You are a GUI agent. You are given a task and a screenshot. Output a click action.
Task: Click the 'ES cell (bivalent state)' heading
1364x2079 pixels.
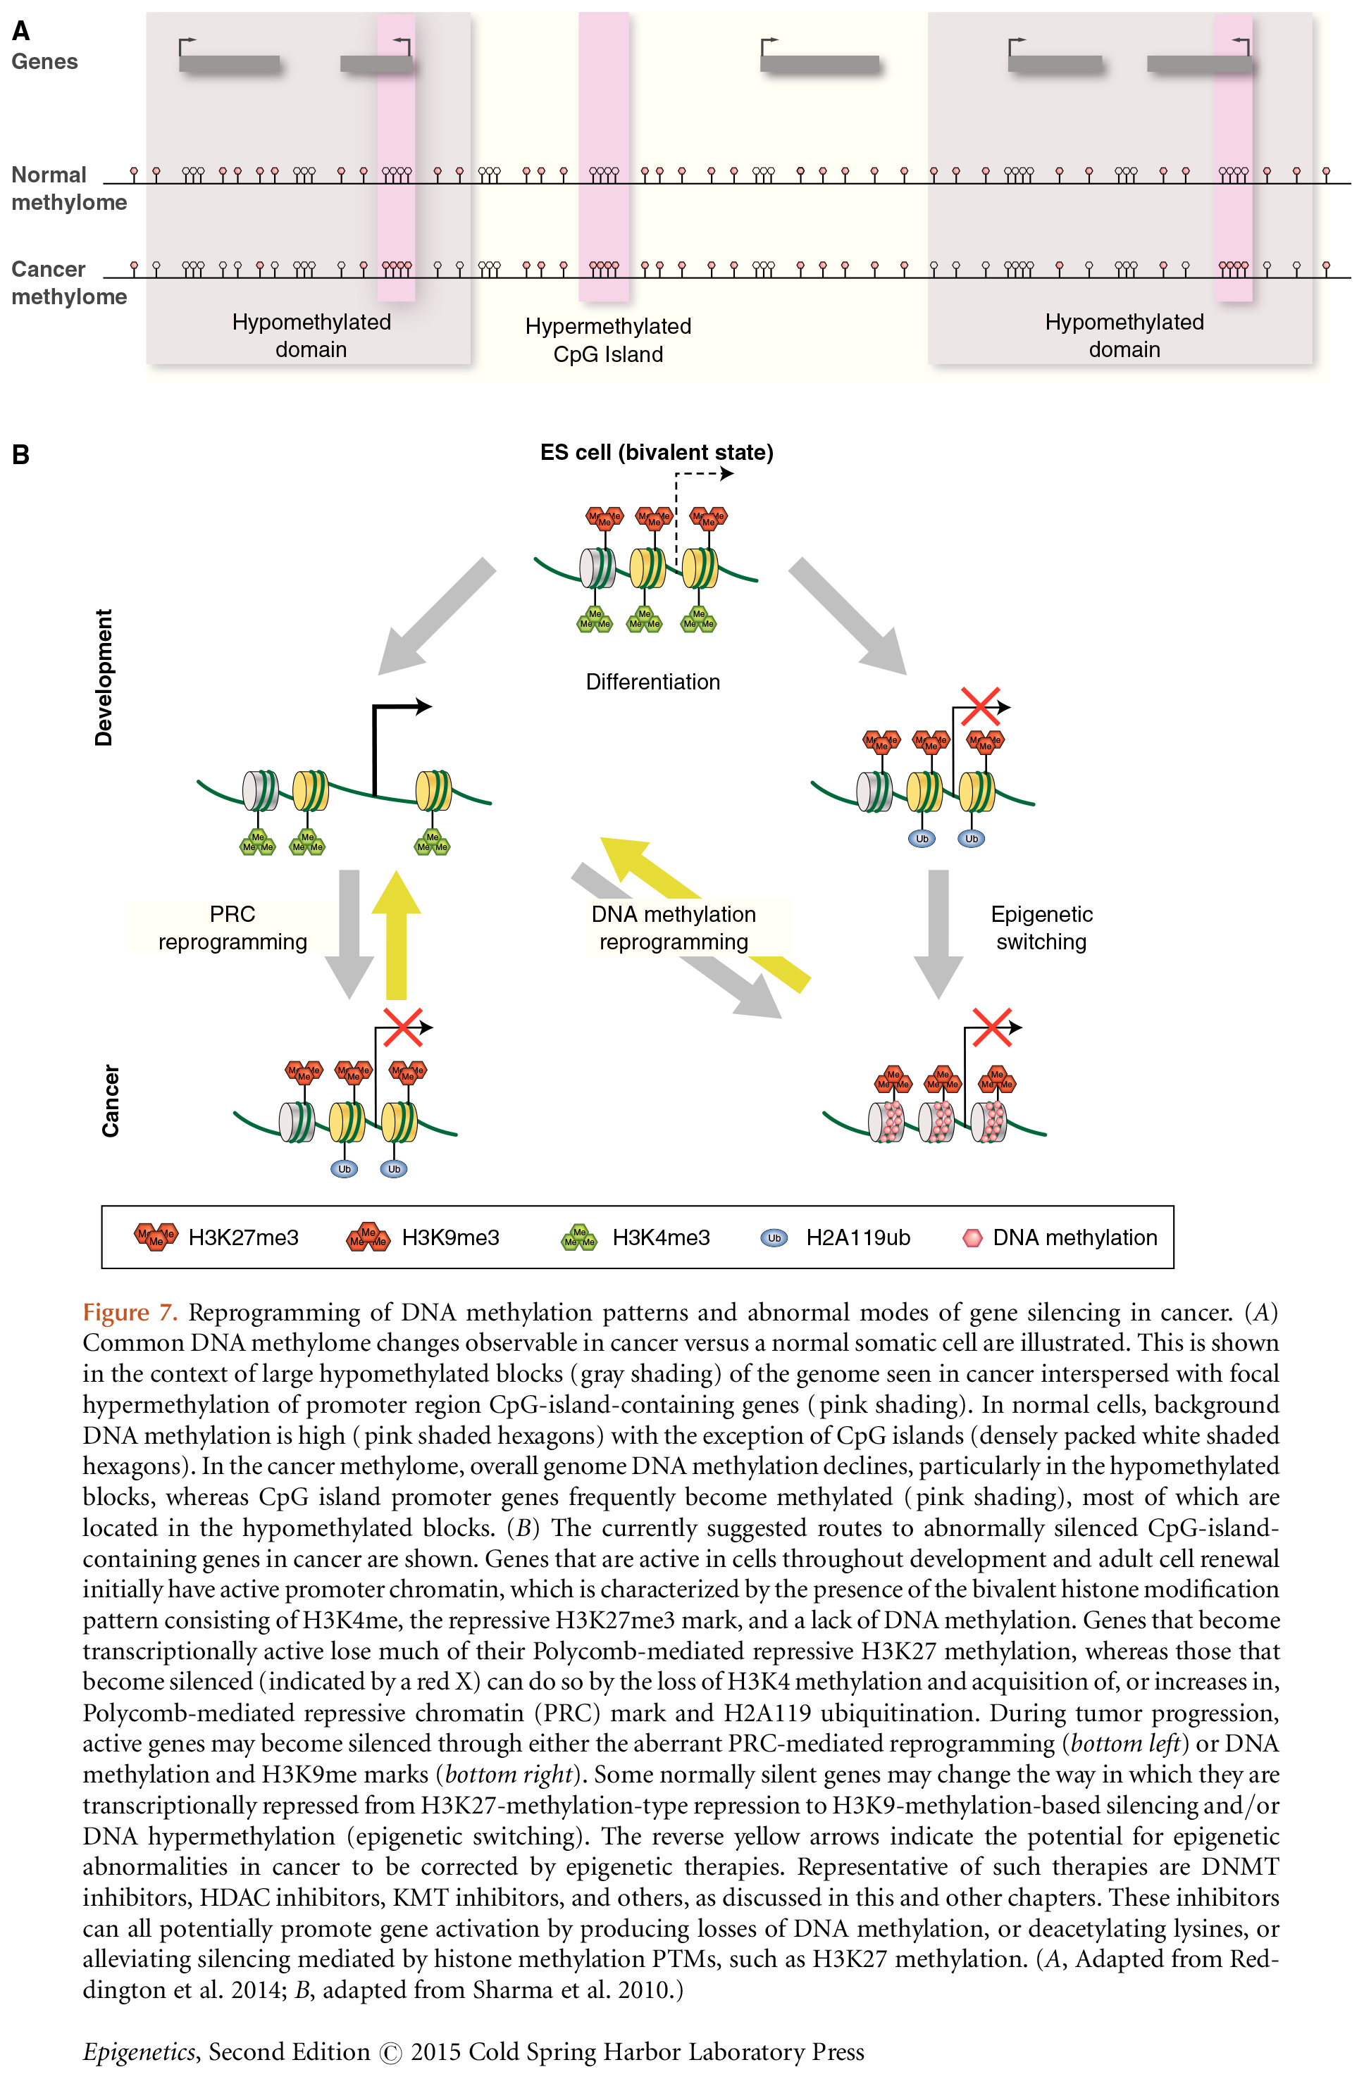click(x=656, y=452)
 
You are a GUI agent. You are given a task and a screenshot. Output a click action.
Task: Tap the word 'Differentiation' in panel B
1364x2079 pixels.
click(x=652, y=682)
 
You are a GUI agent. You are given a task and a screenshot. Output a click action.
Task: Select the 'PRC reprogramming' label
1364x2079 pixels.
click(x=232, y=928)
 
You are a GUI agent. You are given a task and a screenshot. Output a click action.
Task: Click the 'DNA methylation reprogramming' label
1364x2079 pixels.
click(x=674, y=928)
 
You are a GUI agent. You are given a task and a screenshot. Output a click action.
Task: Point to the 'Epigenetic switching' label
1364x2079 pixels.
click(x=1041, y=928)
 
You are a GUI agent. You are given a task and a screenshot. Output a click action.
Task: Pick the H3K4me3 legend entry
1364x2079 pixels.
click(x=635, y=1238)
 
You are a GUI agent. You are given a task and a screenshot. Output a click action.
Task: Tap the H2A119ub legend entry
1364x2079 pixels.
click(x=836, y=1238)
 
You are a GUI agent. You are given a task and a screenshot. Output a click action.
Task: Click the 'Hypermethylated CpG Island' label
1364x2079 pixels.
click(x=608, y=339)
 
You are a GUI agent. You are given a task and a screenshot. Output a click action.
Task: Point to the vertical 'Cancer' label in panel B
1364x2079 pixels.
click(x=110, y=1101)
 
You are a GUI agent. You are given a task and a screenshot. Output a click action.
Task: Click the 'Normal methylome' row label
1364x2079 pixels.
click(x=68, y=189)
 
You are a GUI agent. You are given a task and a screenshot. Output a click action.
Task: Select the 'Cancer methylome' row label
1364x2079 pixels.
click(x=68, y=283)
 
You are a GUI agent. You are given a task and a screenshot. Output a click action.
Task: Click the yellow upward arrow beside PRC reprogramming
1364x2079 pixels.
click(x=396, y=935)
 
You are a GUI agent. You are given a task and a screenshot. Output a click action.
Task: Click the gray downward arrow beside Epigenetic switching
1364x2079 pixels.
click(x=938, y=935)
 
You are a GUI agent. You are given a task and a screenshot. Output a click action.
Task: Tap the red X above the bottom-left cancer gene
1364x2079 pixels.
click(x=403, y=1028)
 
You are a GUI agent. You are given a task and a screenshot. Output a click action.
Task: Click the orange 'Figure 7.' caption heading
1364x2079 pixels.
click(x=130, y=1313)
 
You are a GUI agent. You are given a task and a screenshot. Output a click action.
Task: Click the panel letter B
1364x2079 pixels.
click(x=21, y=455)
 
